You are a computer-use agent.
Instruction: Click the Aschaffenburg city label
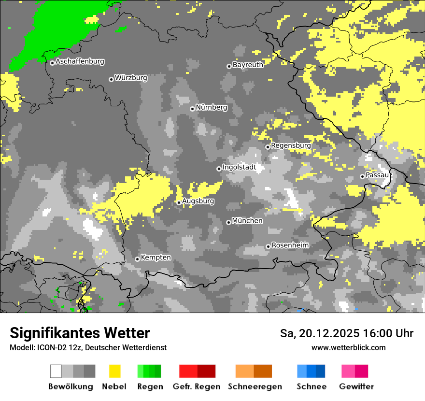80,62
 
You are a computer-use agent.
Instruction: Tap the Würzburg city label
131,78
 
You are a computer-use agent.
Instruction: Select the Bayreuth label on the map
248,65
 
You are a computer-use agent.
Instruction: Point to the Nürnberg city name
211,107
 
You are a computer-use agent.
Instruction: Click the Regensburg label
291,145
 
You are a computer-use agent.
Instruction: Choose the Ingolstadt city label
239,168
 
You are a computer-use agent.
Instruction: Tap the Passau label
377,175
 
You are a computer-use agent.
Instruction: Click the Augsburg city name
198,201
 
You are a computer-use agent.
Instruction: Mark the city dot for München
228,222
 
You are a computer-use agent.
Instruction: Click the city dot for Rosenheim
268,247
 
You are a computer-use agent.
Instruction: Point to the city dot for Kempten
137,259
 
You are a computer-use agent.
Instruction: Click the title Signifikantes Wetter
80,333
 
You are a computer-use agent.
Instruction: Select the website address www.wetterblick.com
348,347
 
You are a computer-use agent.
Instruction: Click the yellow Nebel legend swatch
114,371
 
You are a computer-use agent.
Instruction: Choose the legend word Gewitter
356,387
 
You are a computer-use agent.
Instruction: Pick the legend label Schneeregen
255,387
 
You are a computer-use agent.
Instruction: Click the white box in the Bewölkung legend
56,371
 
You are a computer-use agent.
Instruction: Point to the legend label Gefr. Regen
197,387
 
